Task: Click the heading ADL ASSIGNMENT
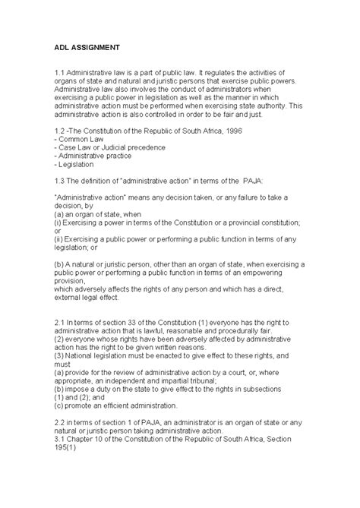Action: coord(86,46)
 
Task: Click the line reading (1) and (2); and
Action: coord(84,399)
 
